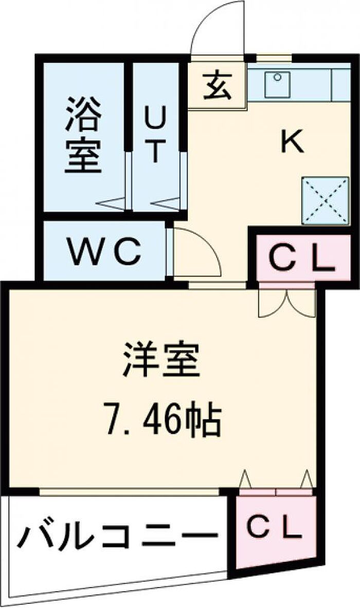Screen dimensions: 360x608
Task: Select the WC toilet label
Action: (x=104, y=251)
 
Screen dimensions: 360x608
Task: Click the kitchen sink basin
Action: (x=278, y=85)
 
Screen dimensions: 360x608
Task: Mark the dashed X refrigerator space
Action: (x=326, y=200)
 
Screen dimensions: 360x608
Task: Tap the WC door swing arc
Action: (x=206, y=241)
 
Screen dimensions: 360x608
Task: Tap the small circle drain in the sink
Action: (x=277, y=78)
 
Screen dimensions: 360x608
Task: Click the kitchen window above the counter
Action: (x=274, y=58)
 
